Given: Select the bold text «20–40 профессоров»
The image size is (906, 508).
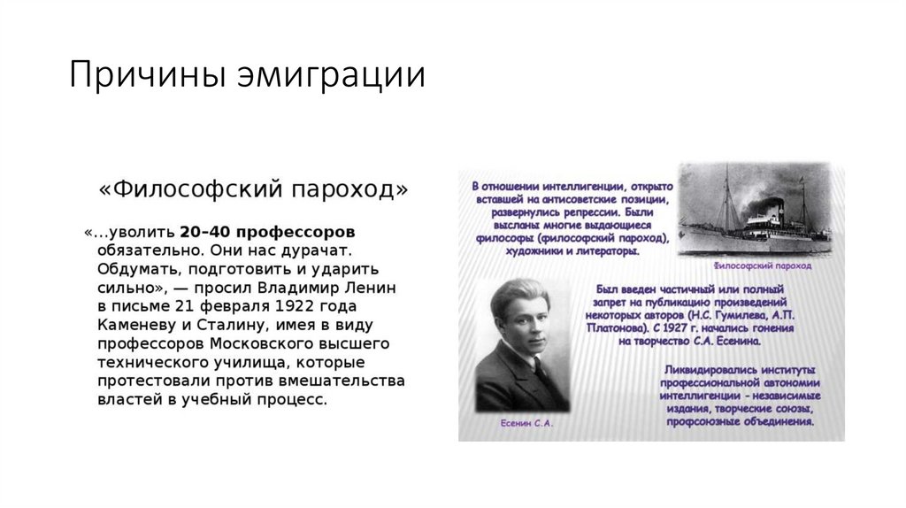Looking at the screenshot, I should coord(267,232).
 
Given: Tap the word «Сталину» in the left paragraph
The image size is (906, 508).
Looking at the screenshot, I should coord(241,325).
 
